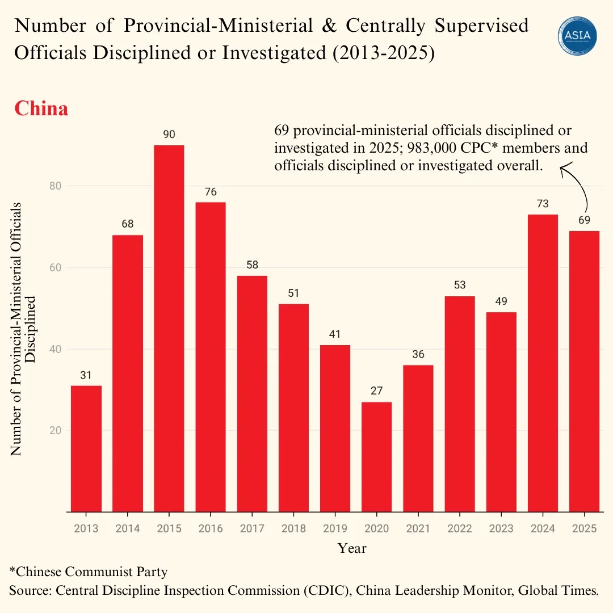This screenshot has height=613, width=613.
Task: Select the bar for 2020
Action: tap(376, 457)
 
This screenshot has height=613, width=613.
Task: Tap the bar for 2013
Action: tap(86, 448)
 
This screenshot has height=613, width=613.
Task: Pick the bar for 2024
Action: tap(543, 363)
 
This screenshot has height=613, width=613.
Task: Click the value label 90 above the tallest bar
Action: tap(169, 135)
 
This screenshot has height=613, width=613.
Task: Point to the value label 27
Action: tap(376, 391)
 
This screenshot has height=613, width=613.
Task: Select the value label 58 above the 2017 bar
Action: tap(252, 265)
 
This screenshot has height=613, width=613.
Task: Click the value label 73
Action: tap(543, 204)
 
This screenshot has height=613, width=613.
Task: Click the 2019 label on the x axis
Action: tap(335, 528)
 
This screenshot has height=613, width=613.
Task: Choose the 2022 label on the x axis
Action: tap(459, 528)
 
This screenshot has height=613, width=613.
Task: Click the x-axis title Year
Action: tap(352, 548)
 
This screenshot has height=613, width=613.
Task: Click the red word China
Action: tap(41, 108)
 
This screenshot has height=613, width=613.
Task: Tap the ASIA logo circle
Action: tap(577, 36)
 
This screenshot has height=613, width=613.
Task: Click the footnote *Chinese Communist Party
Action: tap(89, 571)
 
